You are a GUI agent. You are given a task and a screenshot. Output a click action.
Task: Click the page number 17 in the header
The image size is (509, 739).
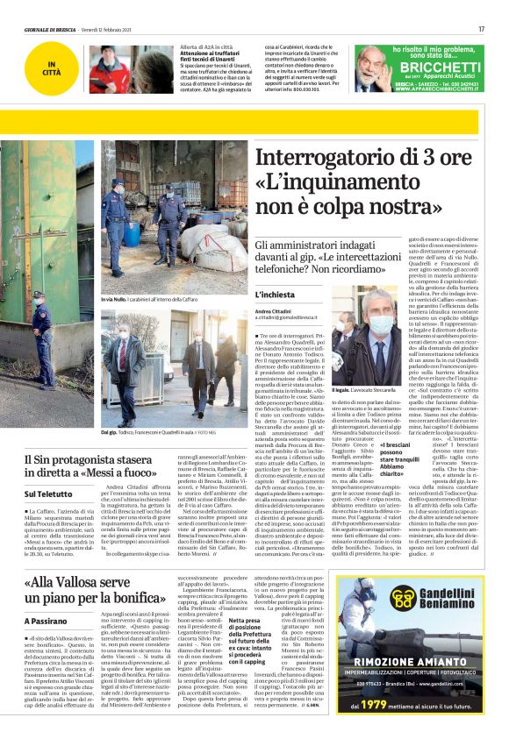click(x=481, y=29)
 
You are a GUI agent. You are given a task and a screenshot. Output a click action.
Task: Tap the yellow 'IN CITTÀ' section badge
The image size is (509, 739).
click(x=55, y=68)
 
